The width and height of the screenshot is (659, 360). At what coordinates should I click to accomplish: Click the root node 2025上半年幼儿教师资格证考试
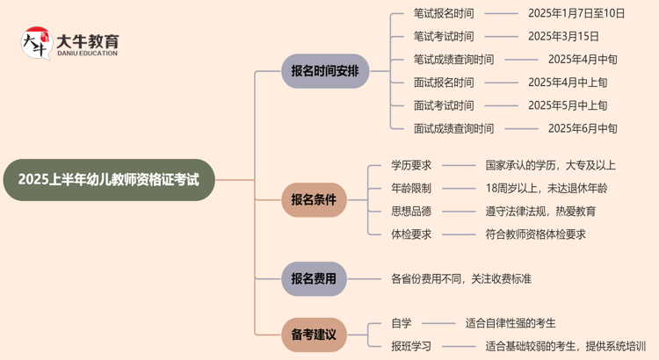pos(108,180)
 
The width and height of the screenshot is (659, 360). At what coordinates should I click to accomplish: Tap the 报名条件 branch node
pos(314,199)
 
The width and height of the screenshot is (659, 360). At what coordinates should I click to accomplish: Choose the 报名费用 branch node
pos(314,279)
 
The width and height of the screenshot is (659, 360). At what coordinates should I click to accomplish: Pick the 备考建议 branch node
pos(314,335)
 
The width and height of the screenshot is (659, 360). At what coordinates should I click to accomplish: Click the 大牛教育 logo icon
pos(36,43)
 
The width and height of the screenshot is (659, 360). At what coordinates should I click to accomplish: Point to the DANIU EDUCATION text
pos(86,54)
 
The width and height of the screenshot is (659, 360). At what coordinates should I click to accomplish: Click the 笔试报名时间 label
pos(443,13)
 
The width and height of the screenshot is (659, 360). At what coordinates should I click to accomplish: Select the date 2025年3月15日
pos(563,36)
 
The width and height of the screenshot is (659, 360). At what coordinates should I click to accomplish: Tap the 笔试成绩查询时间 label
pos(453,60)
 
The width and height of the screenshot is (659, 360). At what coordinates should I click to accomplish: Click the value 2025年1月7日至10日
pos(576,13)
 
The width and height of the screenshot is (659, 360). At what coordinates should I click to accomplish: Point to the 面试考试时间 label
pos(443,105)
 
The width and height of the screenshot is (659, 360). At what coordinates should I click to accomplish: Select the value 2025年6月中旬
pos(583,128)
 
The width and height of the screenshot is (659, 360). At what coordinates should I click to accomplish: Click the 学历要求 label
pos(411,164)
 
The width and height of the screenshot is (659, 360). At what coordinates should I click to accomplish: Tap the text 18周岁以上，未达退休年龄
pos(546,188)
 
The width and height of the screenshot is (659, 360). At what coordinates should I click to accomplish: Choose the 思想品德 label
pos(411,211)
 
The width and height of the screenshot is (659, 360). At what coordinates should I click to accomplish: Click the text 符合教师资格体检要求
pos(535,234)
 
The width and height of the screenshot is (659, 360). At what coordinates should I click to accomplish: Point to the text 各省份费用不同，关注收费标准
pos(461,279)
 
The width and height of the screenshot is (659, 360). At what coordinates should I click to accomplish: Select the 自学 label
pos(402,323)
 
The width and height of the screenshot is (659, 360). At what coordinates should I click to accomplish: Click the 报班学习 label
pos(411,346)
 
